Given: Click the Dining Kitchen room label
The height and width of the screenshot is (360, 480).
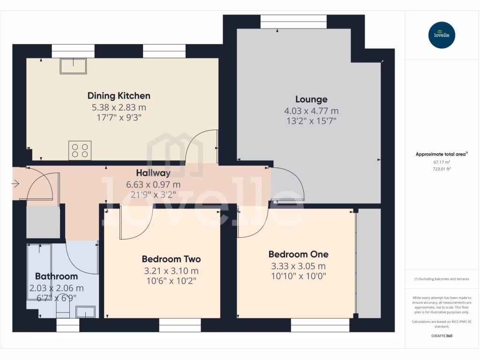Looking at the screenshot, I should tap(119, 96).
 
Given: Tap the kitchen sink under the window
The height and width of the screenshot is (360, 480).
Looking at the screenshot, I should tap(73, 66).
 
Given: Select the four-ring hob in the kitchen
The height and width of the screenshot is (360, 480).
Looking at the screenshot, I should tap(79, 150).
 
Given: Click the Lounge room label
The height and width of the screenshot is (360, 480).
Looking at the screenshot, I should tap(311, 99).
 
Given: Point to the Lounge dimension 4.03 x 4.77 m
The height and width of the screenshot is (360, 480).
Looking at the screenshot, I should tap(311, 111).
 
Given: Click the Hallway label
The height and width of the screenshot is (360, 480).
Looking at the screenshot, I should tap(153, 173).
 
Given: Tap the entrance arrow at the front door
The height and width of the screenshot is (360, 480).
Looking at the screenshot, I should tap(15, 184).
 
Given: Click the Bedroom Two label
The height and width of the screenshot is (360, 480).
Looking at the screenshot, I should tap(171, 259).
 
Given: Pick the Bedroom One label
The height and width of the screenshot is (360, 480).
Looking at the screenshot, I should tap(298, 254).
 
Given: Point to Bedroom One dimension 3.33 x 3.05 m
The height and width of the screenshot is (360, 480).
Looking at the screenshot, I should tap(298, 266).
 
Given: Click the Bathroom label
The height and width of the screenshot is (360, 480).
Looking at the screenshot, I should tap(56, 276).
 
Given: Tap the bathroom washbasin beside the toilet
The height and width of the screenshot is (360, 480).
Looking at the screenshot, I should tap(86, 312).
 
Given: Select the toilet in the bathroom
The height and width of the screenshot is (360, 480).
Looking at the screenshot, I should tap(62, 308).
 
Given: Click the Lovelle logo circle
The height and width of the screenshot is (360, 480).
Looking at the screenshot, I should tap(442, 35).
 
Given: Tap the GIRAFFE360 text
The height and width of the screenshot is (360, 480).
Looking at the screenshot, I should tap(441, 336).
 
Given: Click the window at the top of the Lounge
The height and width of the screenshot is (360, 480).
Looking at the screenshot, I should tap(293, 22).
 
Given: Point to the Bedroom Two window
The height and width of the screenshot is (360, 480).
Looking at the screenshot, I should tap(180, 325).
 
